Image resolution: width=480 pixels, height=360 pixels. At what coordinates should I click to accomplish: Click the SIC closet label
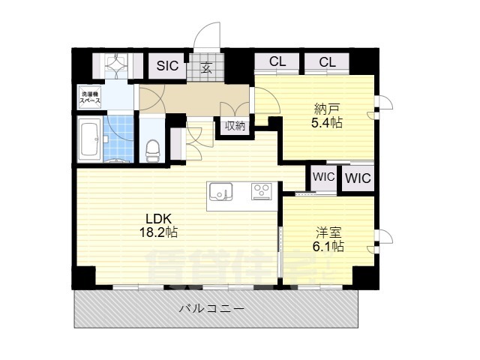[x=167, y=66]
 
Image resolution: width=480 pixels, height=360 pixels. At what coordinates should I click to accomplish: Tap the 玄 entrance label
[x=205, y=67]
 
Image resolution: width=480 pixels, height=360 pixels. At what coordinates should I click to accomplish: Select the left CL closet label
[x=277, y=62]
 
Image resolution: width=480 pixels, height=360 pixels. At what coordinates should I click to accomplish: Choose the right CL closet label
[x=327, y=62]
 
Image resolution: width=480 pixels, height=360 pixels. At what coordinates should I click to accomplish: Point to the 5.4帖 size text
[x=327, y=123]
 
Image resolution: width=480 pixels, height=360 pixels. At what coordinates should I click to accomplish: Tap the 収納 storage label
[x=234, y=126]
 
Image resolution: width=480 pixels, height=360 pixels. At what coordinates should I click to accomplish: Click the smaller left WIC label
[x=323, y=178]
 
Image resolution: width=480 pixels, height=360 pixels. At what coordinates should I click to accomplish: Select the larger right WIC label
[x=358, y=178]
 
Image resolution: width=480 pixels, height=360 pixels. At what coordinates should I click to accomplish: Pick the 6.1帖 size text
[x=328, y=246]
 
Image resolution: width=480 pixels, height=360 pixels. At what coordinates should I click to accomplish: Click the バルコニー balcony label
[x=211, y=309]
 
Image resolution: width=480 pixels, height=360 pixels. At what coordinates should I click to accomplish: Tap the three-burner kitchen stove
[x=262, y=190]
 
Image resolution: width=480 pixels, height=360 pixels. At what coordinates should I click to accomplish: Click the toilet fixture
[x=151, y=148]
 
